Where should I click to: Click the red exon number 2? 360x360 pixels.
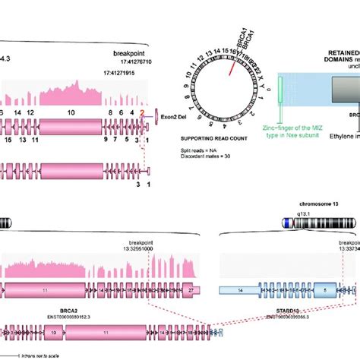tap(141, 112)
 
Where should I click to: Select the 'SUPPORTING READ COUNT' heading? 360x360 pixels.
tap(215, 140)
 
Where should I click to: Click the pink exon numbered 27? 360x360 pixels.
tap(194, 289)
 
